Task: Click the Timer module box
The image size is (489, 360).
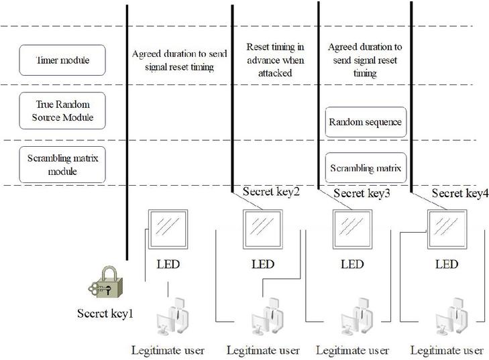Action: (62, 60)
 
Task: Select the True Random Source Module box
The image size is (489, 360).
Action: (62, 111)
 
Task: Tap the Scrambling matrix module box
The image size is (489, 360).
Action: (62, 165)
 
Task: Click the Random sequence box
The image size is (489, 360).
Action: (366, 122)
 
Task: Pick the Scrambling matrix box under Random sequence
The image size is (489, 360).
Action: (366, 168)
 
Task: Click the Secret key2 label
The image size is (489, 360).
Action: (271, 193)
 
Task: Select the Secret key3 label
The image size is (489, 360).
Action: (362, 194)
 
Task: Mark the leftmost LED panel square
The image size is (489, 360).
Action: (168, 229)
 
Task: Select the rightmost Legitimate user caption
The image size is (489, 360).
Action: (447, 350)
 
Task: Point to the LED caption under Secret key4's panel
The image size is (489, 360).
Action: (447, 264)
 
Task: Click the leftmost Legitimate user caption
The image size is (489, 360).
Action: (168, 350)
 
